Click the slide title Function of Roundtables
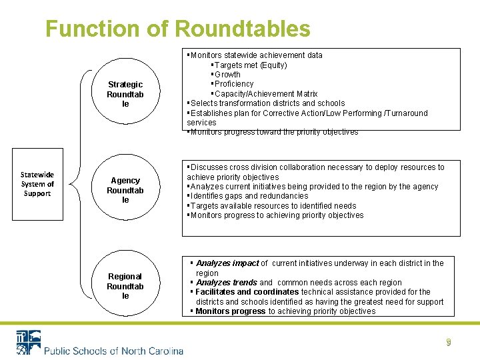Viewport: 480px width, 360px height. coord(177,29)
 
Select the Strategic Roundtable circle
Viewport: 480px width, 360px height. coord(125,94)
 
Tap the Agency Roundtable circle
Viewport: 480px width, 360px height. coord(125,190)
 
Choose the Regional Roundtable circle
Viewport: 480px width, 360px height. coord(125,286)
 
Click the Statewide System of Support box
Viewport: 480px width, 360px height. coord(37,183)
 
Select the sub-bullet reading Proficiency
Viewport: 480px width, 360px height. coord(233,84)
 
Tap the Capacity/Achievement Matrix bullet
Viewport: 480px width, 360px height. coord(265,93)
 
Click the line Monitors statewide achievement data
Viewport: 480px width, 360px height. coord(256,55)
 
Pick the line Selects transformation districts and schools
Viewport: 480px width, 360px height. coord(267,103)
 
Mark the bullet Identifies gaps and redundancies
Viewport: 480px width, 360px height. coord(248,196)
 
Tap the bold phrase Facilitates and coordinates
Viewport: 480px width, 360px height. coord(247,292)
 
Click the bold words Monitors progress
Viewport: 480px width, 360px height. coord(231,311)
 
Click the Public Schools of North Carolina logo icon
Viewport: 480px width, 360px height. coord(28,342)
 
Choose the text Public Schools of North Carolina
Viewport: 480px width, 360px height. coord(113,351)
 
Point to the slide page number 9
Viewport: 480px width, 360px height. coord(449,343)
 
